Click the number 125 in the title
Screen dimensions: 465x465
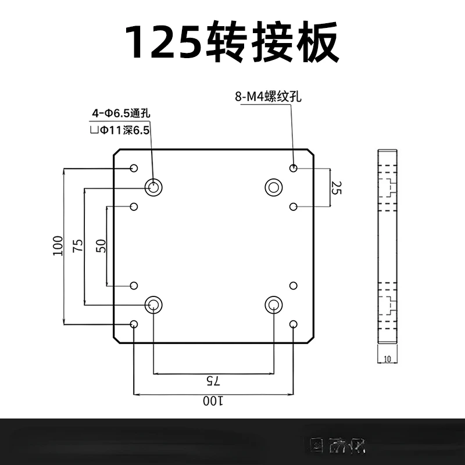(x=164, y=41)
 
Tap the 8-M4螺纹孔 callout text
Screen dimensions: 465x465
(x=268, y=96)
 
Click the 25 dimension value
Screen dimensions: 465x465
(x=335, y=187)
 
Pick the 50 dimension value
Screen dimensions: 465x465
(x=101, y=246)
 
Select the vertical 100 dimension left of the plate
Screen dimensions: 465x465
(x=57, y=246)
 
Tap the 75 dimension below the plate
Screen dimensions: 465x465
(x=213, y=381)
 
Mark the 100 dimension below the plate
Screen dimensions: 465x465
(x=213, y=402)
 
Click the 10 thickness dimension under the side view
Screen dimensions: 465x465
(x=387, y=359)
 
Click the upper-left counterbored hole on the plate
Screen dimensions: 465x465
(x=154, y=187)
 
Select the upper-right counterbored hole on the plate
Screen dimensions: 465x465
(x=273, y=187)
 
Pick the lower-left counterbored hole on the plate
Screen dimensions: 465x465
(x=154, y=304)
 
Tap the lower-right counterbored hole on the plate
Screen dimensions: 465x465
(x=273, y=304)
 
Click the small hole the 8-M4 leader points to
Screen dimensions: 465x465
(x=294, y=168)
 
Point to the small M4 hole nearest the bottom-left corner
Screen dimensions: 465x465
(x=134, y=324)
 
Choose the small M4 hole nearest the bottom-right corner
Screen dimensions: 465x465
(x=294, y=324)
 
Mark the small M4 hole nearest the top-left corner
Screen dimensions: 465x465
(x=134, y=168)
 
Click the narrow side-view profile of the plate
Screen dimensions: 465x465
(x=387, y=247)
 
